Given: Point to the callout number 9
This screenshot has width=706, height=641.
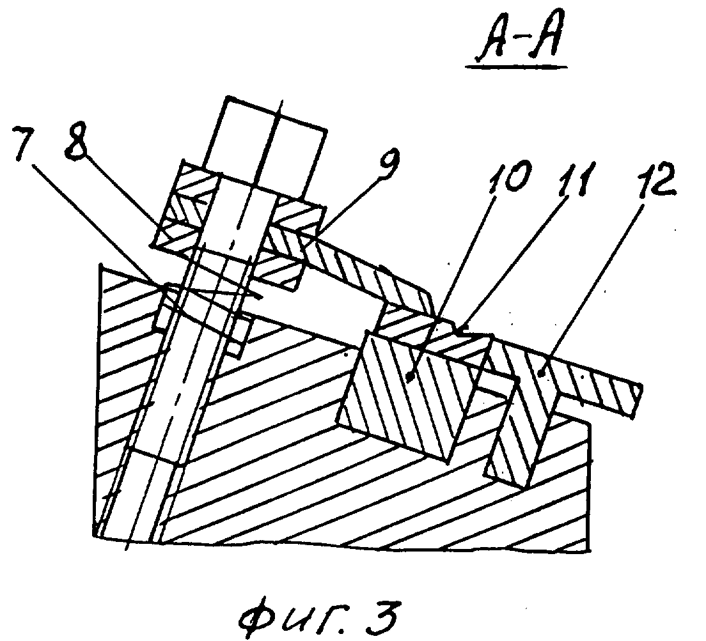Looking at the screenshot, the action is (x=388, y=166).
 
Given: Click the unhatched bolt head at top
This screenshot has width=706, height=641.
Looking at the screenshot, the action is (x=265, y=148).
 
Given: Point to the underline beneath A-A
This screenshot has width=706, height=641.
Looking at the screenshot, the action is (x=517, y=66).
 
